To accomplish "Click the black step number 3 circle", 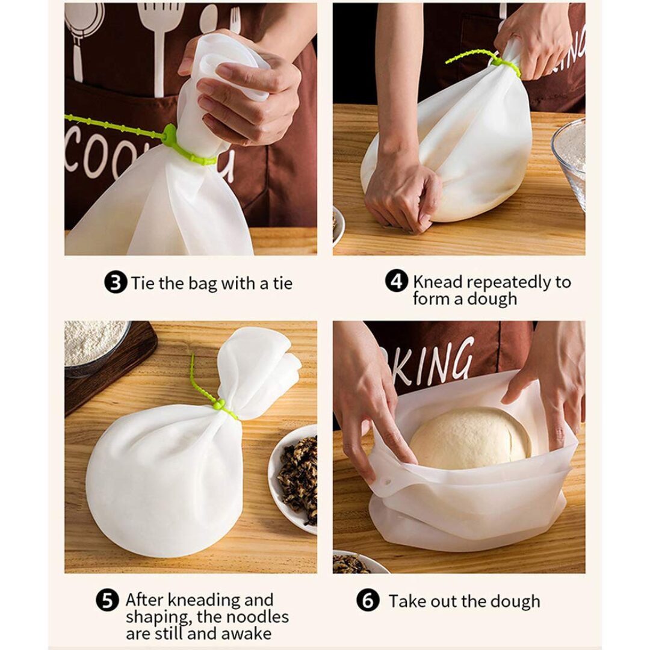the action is coord(115,283).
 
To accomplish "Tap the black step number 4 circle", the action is coord(397,282).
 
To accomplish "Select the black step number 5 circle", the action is coord(107,601).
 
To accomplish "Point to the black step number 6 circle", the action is coord(368,601).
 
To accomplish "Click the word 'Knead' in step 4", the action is coord(438,282).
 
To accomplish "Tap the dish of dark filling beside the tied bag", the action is coord(293,477).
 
